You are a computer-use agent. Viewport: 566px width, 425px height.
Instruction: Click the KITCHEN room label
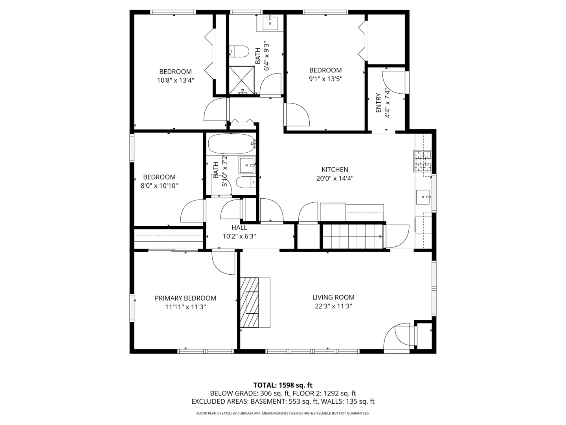point(335,170)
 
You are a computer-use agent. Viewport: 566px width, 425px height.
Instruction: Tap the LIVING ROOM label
point(333,297)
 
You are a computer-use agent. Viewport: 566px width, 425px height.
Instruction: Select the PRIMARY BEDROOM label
point(186,298)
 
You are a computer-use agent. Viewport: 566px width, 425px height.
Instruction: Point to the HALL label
point(239,227)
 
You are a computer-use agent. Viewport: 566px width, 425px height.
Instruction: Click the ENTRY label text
point(379,103)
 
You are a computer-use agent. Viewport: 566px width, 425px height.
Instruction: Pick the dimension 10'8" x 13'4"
point(176,80)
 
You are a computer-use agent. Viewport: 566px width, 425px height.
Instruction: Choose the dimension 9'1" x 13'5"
point(326,79)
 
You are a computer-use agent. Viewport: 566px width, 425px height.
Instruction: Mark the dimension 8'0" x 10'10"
point(159,185)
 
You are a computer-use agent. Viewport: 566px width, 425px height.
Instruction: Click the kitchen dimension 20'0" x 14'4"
point(335,178)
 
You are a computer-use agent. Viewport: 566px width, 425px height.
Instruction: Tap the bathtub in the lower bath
point(231,144)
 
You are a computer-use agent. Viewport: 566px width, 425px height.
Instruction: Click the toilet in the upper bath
point(239,51)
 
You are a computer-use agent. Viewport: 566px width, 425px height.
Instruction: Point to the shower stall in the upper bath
point(242,80)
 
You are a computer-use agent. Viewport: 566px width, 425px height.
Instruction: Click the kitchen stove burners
point(423,161)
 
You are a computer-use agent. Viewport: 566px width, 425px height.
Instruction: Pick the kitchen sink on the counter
point(423,197)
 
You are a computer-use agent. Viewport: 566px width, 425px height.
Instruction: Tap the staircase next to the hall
point(353,237)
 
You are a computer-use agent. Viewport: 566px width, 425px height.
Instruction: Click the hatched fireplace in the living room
point(249,303)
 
